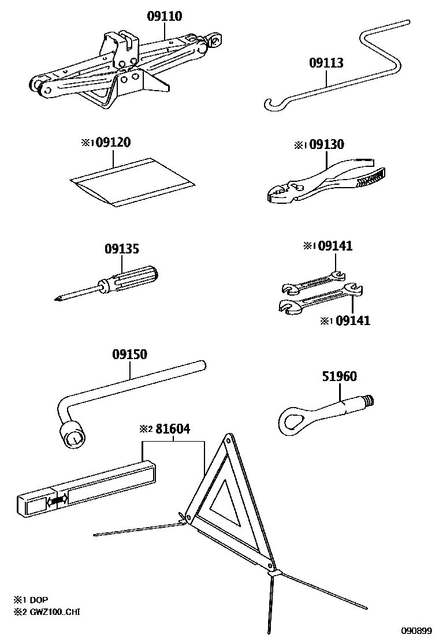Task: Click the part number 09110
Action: (164, 16)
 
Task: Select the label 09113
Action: (326, 63)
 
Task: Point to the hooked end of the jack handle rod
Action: (270, 104)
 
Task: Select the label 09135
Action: (122, 249)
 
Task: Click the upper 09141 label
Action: (335, 247)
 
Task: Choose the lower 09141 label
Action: (353, 320)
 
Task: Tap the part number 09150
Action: (130, 354)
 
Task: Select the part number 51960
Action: (339, 376)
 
